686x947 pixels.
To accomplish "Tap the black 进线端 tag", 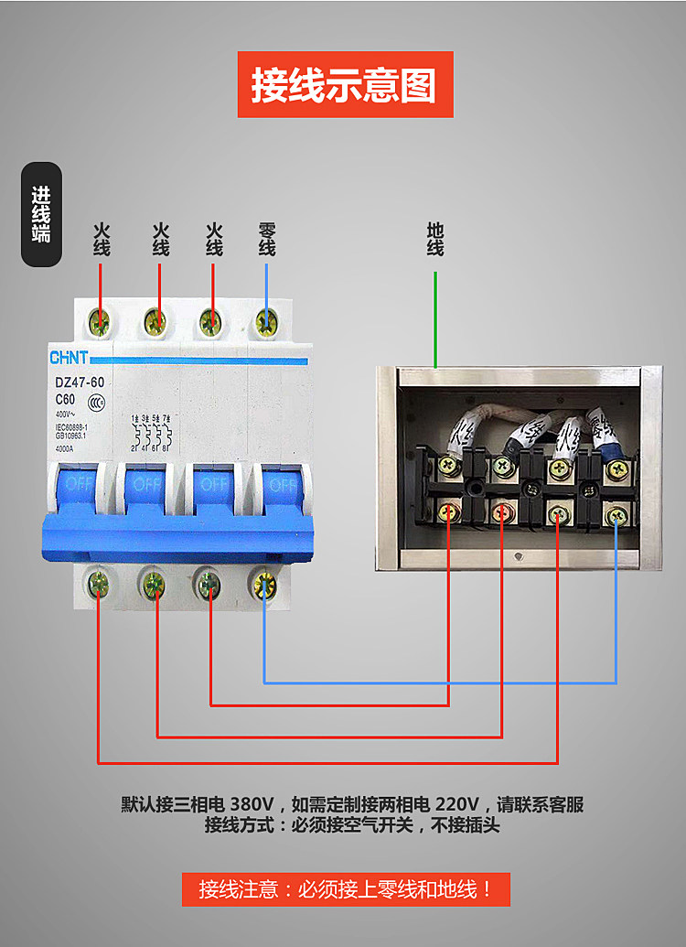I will point(42,214).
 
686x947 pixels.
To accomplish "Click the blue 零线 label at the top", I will point(267,239).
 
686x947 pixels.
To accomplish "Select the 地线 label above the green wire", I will point(435,239).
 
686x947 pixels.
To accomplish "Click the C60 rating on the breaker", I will point(65,400).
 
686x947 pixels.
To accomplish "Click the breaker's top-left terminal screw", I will point(100,321).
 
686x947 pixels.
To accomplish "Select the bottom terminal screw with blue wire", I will point(264,581).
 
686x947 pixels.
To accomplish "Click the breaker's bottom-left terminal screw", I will point(99,581).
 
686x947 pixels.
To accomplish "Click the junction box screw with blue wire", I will point(616,516).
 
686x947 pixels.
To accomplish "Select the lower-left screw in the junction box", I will point(448,512).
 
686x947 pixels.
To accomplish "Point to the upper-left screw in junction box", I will point(448,466).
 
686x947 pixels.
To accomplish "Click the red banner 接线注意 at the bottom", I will point(345,888).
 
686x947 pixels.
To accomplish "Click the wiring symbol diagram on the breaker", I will point(151,433).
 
